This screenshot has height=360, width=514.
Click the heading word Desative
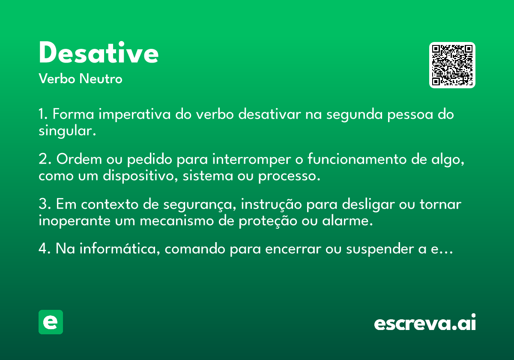99,52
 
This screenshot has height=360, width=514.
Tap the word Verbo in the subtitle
57,79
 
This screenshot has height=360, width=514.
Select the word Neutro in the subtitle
101,79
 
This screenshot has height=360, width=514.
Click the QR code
452,65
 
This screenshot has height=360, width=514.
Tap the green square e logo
51,322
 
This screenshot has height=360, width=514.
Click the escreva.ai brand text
425,322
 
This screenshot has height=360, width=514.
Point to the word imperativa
134,114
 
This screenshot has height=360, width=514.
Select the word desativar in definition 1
269,114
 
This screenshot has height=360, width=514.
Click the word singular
67,131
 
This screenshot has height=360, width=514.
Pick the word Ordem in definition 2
79,159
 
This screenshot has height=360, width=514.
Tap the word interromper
251,159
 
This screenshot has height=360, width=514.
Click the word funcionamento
357,159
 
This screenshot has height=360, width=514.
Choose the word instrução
271,204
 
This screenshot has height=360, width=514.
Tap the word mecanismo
176,221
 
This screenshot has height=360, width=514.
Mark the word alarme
347,221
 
